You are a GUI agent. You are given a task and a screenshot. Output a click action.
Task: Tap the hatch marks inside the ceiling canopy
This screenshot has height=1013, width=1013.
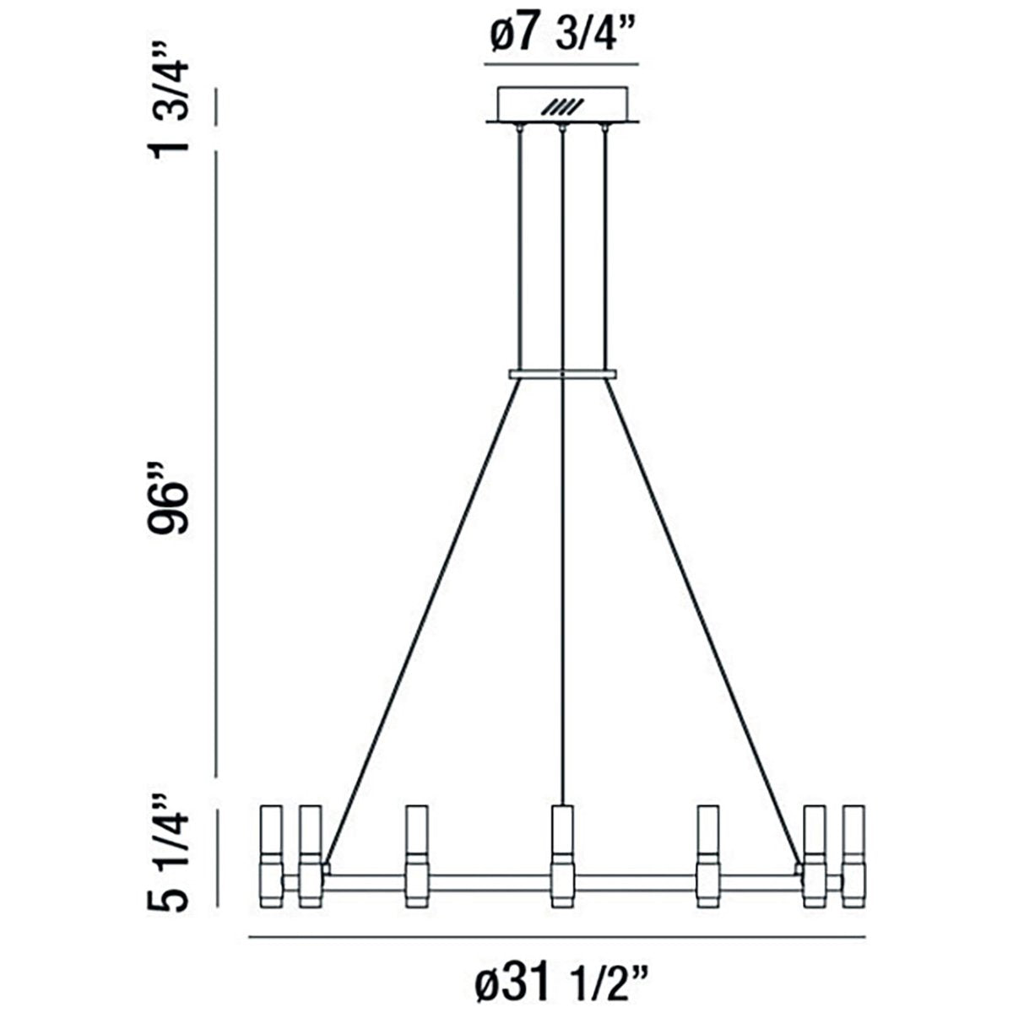click(x=562, y=107)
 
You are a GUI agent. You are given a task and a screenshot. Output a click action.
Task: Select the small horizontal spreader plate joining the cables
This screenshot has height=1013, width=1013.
click(x=562, y=373)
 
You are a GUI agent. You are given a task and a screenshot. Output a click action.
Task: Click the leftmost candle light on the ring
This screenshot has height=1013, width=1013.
click(x=272, y=857)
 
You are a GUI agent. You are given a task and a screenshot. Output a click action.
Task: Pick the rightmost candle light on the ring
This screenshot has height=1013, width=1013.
click(x=853, y=857)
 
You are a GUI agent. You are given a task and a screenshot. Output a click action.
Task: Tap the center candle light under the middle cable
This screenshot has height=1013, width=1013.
click(x=561, y=857)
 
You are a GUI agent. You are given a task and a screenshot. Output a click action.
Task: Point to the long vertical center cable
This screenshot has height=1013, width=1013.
click(x=561, y=591)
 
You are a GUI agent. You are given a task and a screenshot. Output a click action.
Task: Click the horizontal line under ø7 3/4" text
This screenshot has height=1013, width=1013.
click(x=562, y=64)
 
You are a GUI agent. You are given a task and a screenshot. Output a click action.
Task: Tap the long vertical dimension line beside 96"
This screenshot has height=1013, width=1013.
click(x=217, y=464)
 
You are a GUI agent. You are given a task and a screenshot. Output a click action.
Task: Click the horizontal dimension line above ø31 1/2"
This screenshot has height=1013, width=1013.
click(x=557, y=936)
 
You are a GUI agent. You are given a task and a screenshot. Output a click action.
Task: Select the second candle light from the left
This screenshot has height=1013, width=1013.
click(x=310, y=857)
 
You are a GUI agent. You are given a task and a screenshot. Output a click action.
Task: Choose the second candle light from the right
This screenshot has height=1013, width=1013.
click(x=814, y=857)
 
